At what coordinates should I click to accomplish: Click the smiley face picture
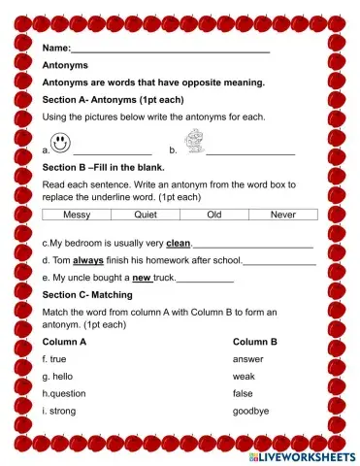point(61,143)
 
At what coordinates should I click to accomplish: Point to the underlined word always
point(88,260)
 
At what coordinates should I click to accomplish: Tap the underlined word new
point(142,278)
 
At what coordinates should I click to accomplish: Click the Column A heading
point(65,342)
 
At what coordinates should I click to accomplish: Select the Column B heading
point(255,342)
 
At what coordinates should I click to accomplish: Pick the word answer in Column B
point(248,359)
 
